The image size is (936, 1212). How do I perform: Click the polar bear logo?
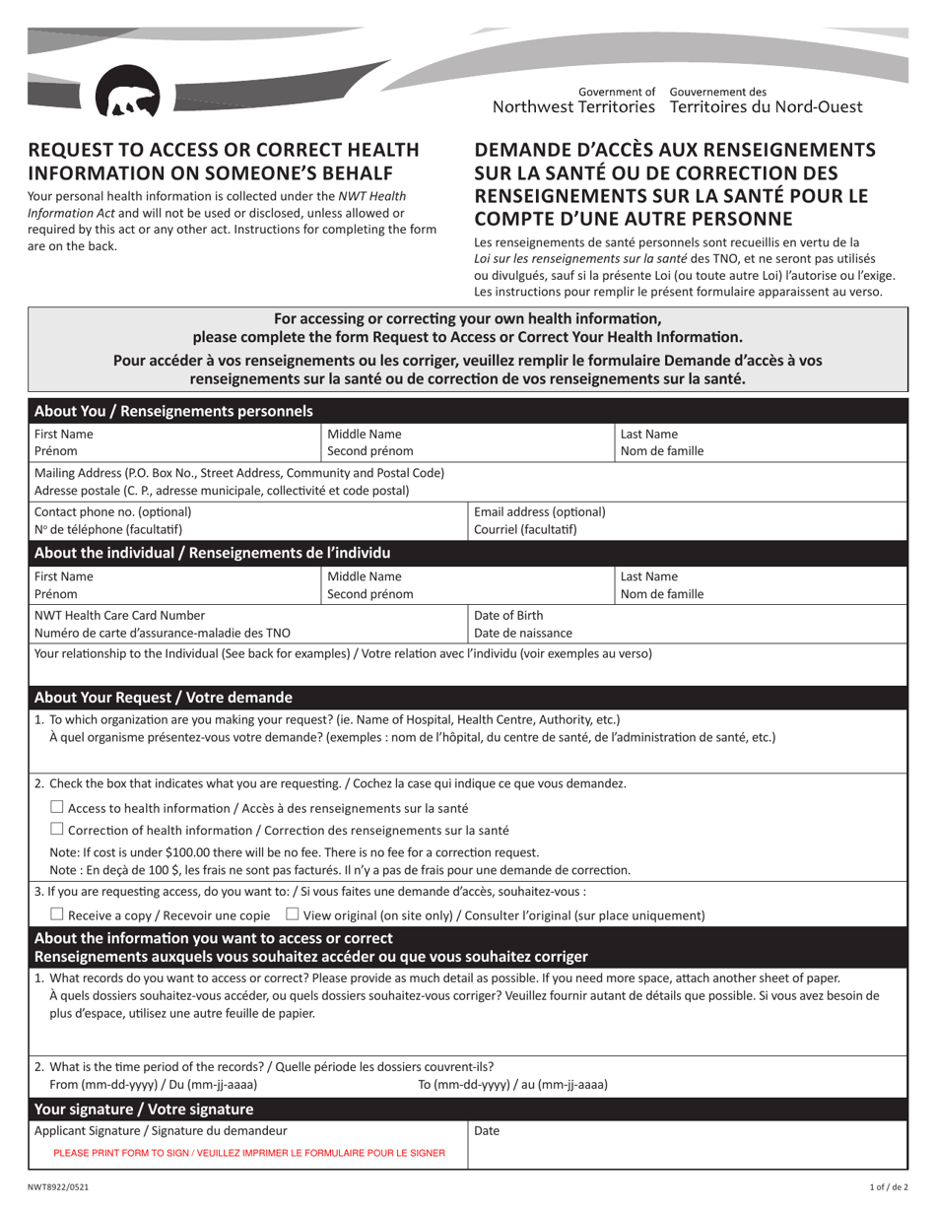click(x=127, y=97)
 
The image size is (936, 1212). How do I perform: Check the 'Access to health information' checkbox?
click(x=56, y=807)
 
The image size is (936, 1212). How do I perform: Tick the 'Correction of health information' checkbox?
click(x=56, y=830)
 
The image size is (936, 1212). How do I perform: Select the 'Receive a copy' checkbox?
click(x=56, y=914)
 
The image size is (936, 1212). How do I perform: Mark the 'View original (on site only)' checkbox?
click(x=292, y=914)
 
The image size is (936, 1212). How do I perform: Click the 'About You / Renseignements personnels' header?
click(x=173, y=411)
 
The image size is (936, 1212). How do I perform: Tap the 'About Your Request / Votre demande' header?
click(x=164, y=698)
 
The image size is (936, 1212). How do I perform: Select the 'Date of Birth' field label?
click(x=508, y=615)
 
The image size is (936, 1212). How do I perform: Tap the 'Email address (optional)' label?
click(x=540, y=511)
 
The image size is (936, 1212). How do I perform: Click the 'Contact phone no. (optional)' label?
click(x=113, y=511)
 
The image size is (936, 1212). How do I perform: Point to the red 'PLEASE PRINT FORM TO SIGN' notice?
click(x=249, y=1152)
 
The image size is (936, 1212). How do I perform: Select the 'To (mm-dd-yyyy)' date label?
click(x=513, y=1085)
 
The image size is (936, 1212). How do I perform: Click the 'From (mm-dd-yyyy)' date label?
click(x=146, y=1085)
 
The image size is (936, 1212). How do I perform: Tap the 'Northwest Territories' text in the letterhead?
click(x=573, y=106)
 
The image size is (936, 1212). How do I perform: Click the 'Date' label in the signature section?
click(x=488, y=1131)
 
